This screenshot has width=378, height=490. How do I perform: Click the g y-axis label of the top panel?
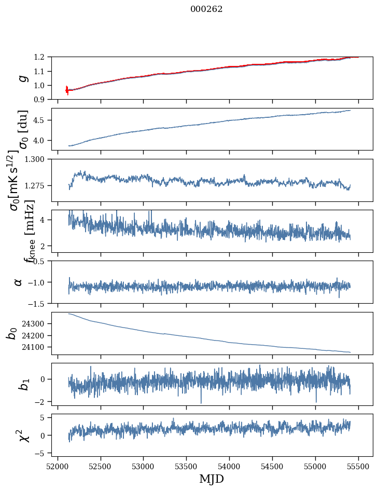tap(22, 78)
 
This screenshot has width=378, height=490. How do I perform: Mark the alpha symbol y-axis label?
tap(19, 282)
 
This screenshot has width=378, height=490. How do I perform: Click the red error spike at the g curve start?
tap(67, 90)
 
